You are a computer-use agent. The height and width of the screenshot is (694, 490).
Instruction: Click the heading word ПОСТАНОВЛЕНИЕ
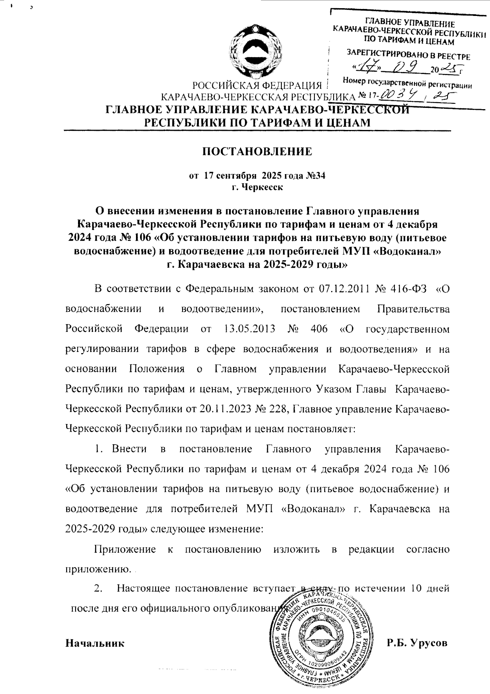[258, 152]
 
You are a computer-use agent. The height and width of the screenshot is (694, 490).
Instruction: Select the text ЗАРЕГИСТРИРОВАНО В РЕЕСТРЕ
[408, 54]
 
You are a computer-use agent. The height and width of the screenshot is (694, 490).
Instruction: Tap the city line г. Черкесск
[257, 187]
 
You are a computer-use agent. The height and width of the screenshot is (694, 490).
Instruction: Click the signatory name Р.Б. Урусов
[417, 643]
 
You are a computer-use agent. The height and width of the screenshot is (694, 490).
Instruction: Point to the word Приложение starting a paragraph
[125, 549]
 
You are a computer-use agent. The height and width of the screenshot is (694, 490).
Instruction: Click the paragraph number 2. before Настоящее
[98, 589]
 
